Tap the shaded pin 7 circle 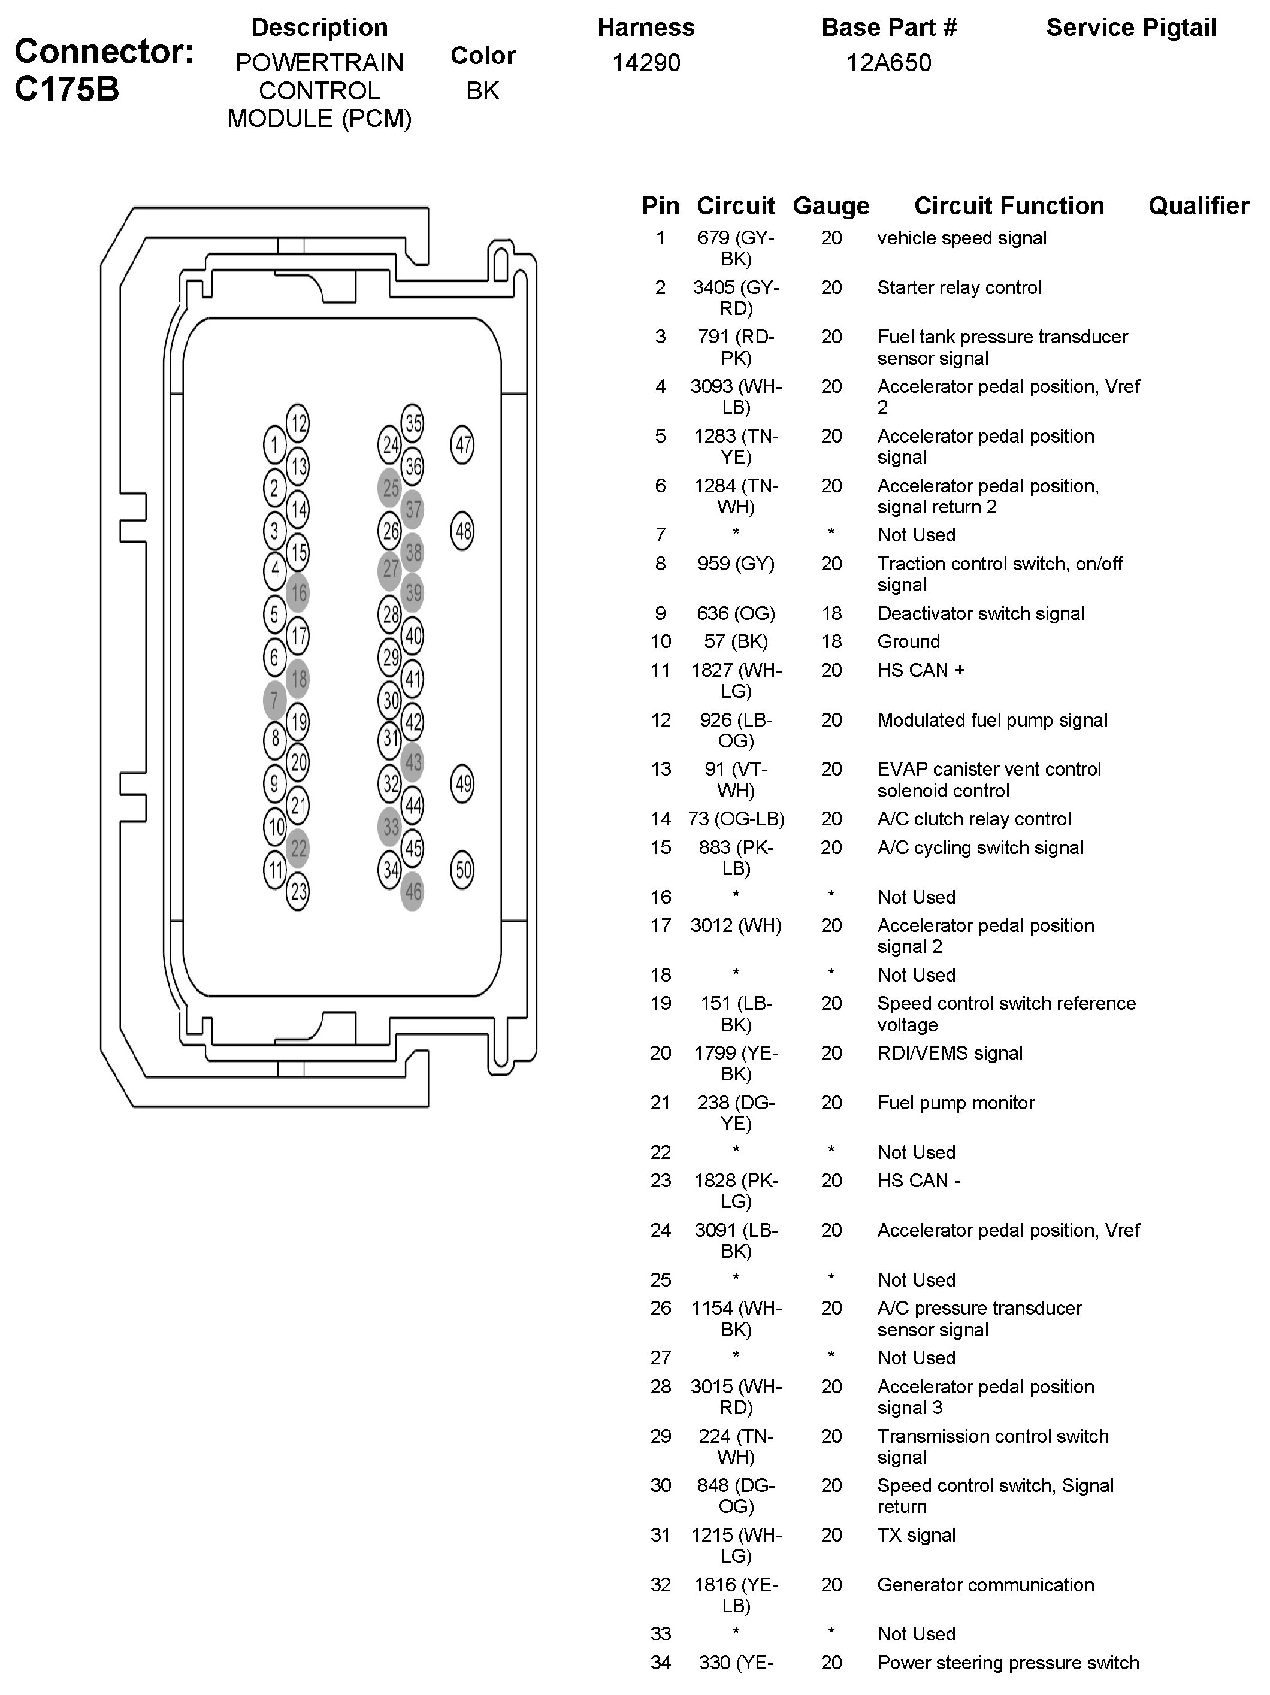(x=274, y=700)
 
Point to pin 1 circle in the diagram (x=274, y=445)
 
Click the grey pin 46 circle (x=412, y=891)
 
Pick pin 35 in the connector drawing (x=412, y=423)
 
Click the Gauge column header (x=831, y=206)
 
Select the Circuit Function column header (x=1009, y=206)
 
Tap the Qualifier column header (x=1198, y=206)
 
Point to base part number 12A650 (x=888, y=63)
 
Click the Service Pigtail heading (x=1131, y=28)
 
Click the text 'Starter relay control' (x=960, y=288)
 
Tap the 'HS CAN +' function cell (x=921, y=670)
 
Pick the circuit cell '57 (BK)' (x=736, y=642)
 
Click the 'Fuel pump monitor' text (x=955, y=1103)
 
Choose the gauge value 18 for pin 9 (x=831, y=614)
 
